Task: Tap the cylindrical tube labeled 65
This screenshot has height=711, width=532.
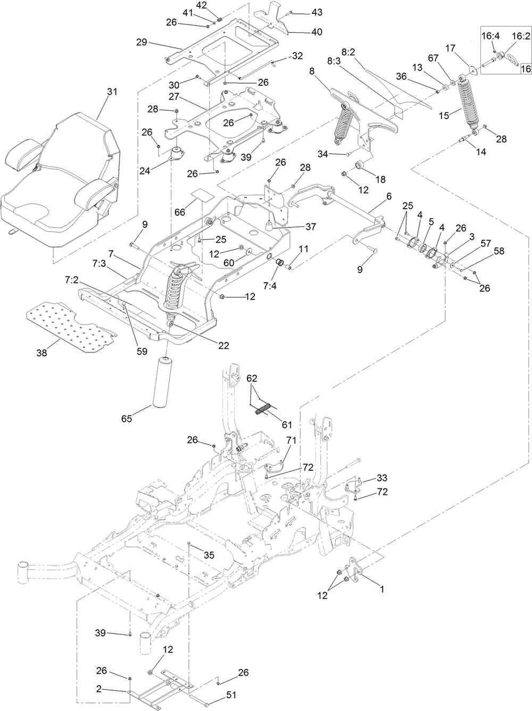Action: coord(166,382)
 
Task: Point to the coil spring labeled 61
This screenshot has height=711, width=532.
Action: coord(264,409)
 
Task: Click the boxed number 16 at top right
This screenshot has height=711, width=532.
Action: coord(525,69)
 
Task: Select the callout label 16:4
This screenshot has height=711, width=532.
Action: coord(491,36)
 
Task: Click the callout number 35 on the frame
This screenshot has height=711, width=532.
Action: coord(209,555)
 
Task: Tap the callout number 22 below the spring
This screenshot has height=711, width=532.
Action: coord(223,346)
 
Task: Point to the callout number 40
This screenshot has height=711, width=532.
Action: coord(317,32)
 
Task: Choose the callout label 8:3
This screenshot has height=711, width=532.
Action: coord(334,62)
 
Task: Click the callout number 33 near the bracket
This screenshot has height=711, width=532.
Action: coord(383,478)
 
